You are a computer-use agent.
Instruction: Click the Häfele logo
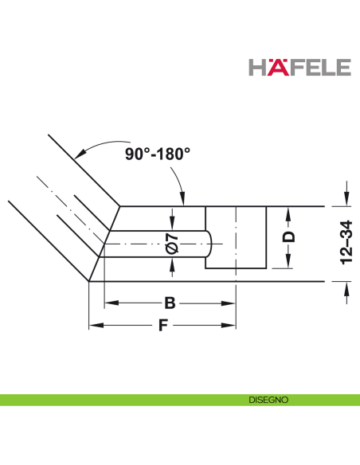[299, 67]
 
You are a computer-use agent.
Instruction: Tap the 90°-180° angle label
[158, 154]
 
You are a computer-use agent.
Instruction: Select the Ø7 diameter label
[172, 244]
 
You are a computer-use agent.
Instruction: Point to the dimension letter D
[288, 237]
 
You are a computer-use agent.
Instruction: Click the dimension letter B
[170, 303]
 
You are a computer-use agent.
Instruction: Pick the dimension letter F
[163, 326]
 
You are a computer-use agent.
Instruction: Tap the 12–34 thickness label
[346, 242]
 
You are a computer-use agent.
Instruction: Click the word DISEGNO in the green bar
[268, 400]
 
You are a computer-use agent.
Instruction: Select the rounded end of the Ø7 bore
[209, 244]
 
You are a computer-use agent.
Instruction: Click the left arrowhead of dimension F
[96, 326]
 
